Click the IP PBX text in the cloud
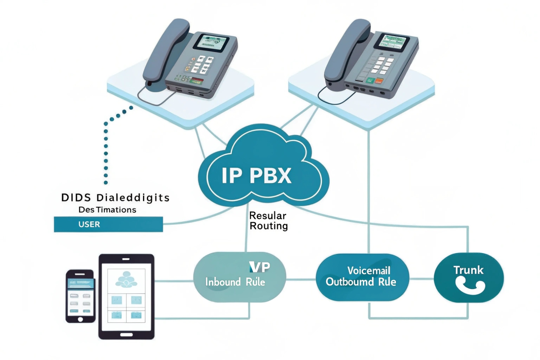click(x=256, y=175)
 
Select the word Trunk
click(x=468, y=270)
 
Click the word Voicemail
click(x=369, y=271)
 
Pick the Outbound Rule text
click(x=361, y=282)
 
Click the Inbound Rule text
click(x=235, y=282)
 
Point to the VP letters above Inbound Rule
click(x=260, y=267)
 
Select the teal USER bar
click(x=108, y=224)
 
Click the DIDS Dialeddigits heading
click(x=115, y=198)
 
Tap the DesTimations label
click(x=107, y=210)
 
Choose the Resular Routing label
click(x=268, y=220)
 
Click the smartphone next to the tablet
click(x=80, y=296)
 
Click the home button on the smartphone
click(x=80, y=319)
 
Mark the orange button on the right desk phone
click(x=379, y=81)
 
